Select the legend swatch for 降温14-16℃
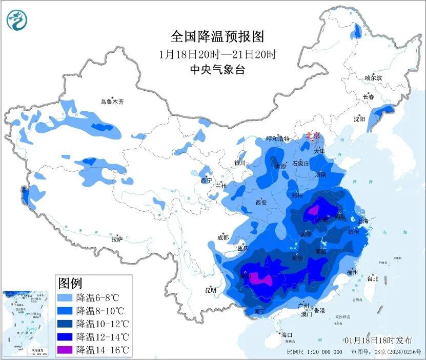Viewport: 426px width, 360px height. [x=65, y=350]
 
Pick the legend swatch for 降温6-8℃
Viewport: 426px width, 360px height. [x=65, y=297]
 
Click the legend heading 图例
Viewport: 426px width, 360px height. [x=70, y=283]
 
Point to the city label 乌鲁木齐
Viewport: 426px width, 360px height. [x=112, y=102]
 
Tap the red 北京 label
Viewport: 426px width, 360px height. [x=313, y=135]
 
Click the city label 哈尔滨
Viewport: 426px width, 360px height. [x=373, y=78]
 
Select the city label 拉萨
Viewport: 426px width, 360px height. [x=117, y=239]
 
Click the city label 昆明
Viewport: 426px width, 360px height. [x=211, y=290]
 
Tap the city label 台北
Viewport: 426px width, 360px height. [x=372, y=279]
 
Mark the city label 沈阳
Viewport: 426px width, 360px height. [x=359, y=119]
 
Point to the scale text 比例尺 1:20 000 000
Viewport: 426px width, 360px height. [x=314, y=352]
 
